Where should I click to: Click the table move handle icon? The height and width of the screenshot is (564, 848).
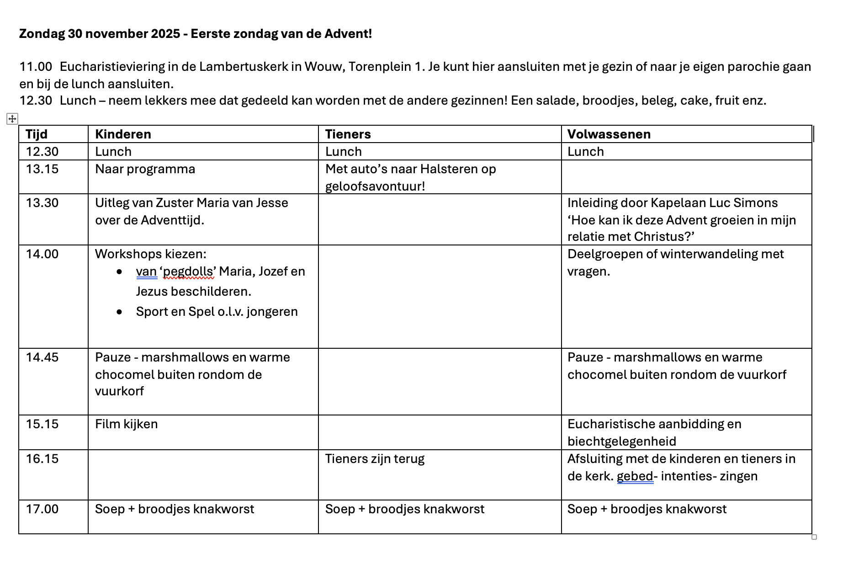12,119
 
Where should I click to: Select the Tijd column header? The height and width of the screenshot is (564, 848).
37,134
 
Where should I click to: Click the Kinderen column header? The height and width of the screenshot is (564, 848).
123,134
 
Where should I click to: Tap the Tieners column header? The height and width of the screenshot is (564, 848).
348,134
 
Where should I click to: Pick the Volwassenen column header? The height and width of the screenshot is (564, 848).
609,134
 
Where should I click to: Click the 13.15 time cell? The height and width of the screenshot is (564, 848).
42,169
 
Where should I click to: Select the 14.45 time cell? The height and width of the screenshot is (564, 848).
42,357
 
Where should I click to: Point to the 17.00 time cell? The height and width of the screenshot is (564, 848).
42,509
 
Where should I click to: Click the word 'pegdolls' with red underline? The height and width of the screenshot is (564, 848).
188,271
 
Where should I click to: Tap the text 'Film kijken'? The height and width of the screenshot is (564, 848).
126,424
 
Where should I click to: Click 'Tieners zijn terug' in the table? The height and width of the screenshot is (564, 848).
375,459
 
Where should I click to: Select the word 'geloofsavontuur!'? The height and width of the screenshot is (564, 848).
375,186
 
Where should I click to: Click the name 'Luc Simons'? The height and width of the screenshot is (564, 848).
755,203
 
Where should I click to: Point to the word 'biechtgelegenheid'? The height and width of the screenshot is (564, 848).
621,442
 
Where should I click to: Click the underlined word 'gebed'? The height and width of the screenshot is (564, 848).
635,476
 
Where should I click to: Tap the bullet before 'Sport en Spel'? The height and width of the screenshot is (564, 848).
119,312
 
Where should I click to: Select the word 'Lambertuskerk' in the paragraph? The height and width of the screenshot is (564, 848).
243,67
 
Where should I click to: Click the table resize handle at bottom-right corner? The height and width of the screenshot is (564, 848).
814,537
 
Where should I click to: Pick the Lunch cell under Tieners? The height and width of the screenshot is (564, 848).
343,152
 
